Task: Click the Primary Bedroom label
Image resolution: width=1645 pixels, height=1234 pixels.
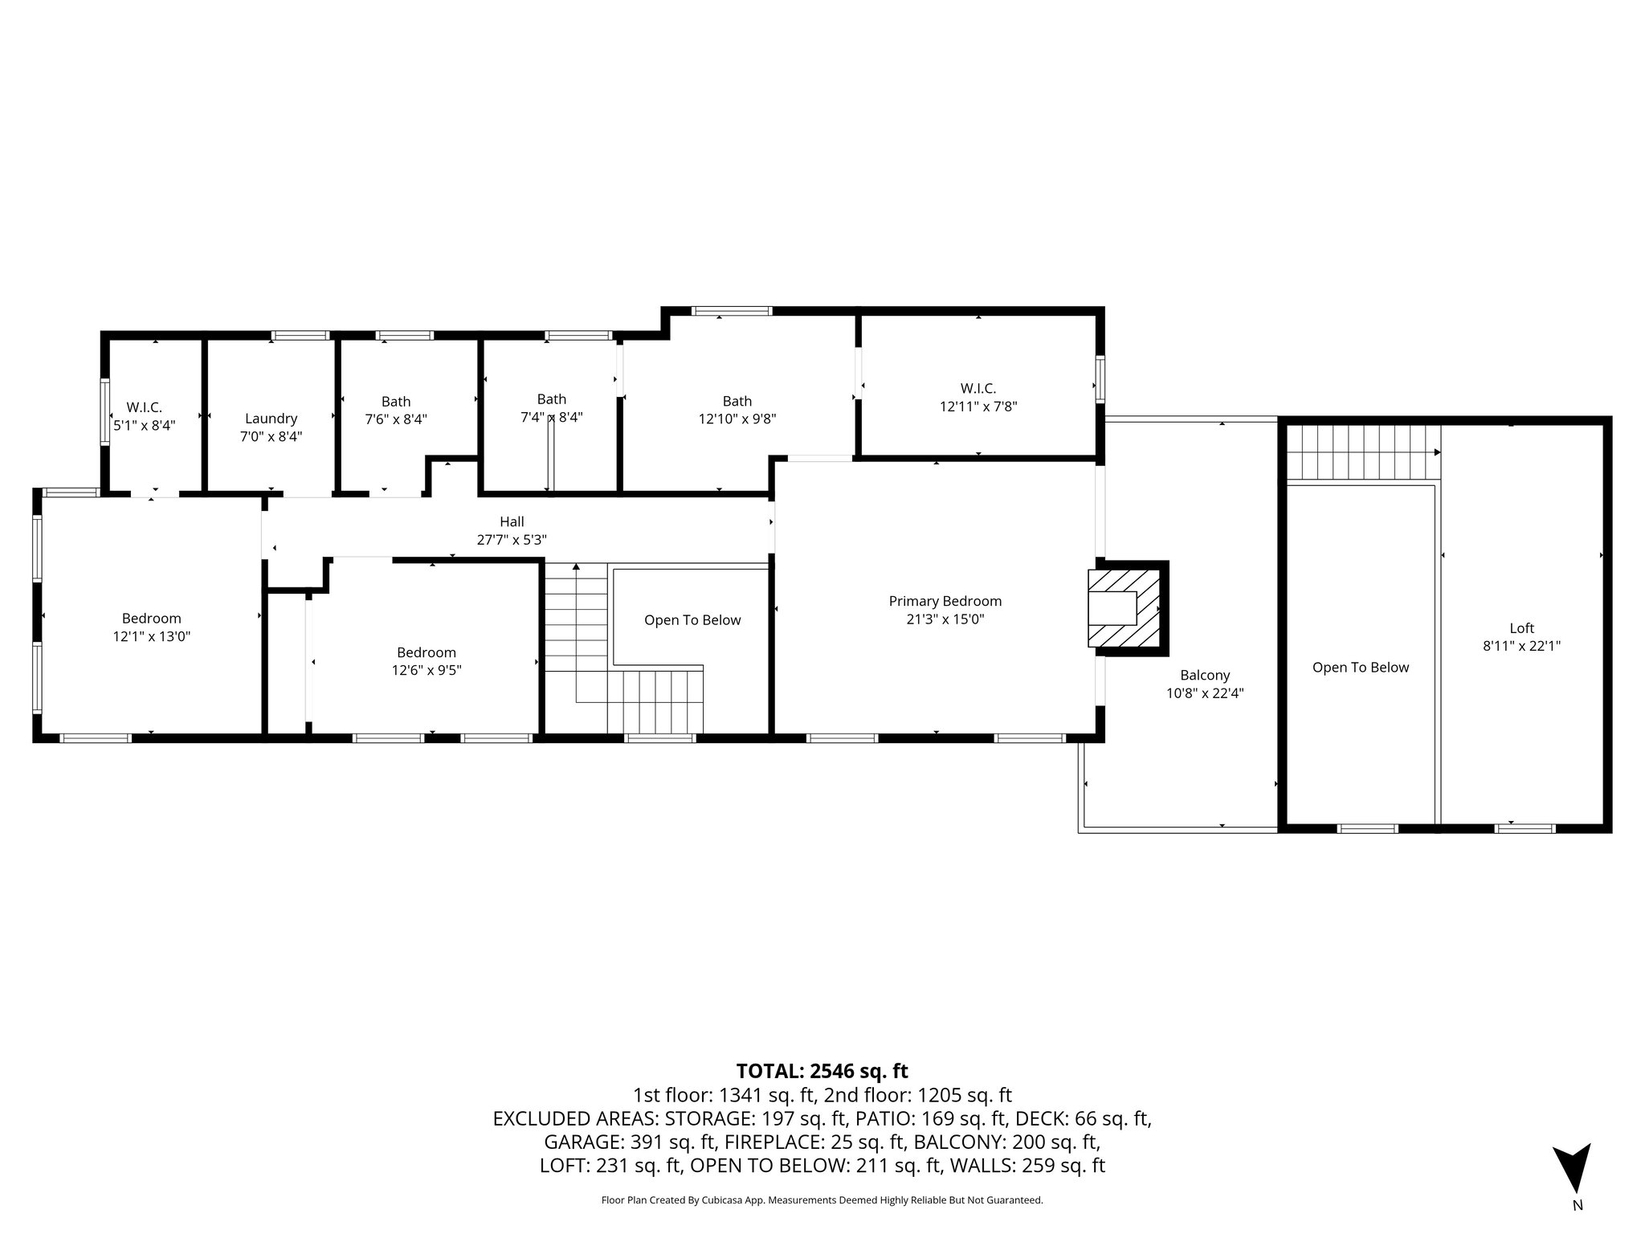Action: [945, 601]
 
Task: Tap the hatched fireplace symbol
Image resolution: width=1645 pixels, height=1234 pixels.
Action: [1125, 608]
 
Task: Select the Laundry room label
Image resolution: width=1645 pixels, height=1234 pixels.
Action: [271, 419]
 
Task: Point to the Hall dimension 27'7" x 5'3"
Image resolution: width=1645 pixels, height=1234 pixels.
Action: [512, 541]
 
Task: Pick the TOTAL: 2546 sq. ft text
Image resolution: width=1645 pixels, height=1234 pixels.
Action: [822, 1071]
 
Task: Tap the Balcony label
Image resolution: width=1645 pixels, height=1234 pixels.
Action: [1204, 676]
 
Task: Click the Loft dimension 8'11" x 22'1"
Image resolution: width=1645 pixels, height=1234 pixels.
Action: [1521, 646]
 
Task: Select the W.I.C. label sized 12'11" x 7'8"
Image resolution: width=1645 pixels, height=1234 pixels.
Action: [978, 389]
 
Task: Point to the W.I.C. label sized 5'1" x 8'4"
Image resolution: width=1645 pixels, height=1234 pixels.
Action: [144, 408]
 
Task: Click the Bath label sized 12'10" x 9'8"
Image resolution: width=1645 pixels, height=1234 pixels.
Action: [737, 401]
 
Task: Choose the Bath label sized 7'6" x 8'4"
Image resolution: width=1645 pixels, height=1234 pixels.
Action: [395, 402]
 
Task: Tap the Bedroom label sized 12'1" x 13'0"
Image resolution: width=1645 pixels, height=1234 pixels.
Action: [151, 619]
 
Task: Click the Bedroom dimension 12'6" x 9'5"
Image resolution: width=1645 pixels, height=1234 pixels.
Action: [426, 670]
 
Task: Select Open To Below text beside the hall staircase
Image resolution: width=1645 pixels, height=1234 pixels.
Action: [692, 620]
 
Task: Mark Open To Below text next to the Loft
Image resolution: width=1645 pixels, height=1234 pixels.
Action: [1360, 668]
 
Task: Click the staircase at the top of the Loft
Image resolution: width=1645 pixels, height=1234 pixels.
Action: [1361, 453]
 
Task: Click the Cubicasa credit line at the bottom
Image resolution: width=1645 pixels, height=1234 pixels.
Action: [822, 1200]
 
